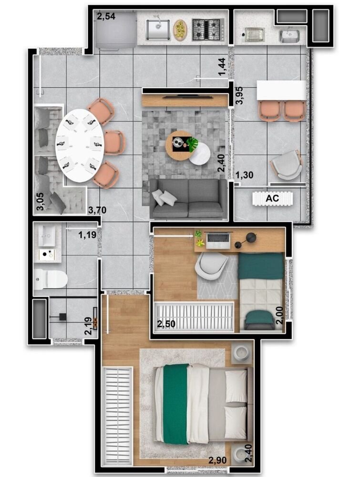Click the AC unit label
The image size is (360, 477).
click(272, 197)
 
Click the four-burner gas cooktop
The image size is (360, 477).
click(207, 30)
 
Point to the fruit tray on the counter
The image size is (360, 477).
click(180, 30)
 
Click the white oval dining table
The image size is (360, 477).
click(80, 145)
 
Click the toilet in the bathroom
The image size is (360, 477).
click(51, 279)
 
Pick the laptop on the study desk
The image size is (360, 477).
click(217, 240)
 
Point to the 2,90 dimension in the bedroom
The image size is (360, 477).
click(217, 461)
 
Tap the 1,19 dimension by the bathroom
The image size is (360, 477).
click(87, 234)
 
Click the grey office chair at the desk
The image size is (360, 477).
click(211, 266)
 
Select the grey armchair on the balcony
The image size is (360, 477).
click(286, 166)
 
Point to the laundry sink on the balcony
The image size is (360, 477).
click(289, 35)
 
